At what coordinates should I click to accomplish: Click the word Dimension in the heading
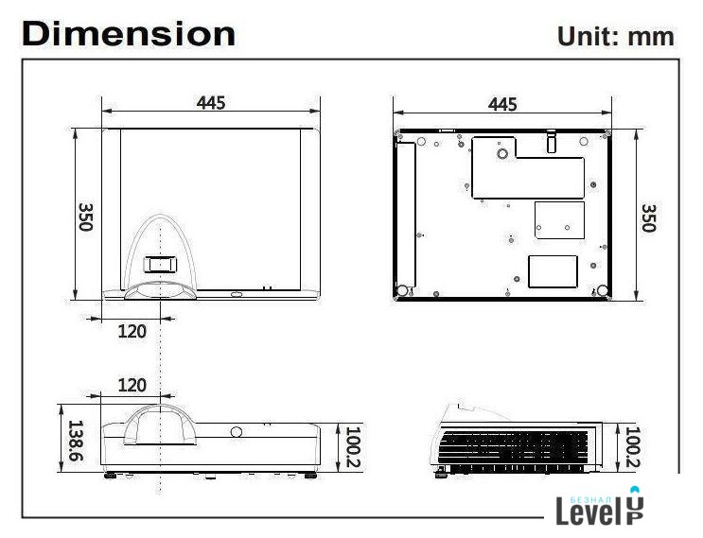pos(129,34)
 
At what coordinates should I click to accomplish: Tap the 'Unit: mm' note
pos(615,36)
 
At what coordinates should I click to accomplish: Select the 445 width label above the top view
pos(211,103)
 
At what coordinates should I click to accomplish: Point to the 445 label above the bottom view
pos(502,104)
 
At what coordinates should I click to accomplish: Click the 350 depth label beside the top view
pos(86,217)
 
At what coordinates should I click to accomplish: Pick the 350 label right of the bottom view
pos(648,218)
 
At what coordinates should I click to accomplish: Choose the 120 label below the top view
pos(132,332)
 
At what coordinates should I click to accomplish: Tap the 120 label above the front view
pos(132,385)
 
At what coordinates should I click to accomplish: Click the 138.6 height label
pos(76,441)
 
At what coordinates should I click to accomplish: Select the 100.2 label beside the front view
pos(353,447)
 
